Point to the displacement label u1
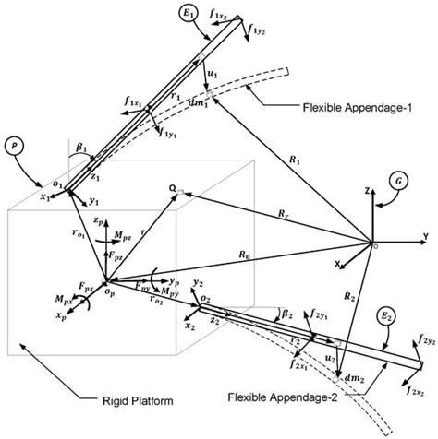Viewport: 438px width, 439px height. click(213, 71)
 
